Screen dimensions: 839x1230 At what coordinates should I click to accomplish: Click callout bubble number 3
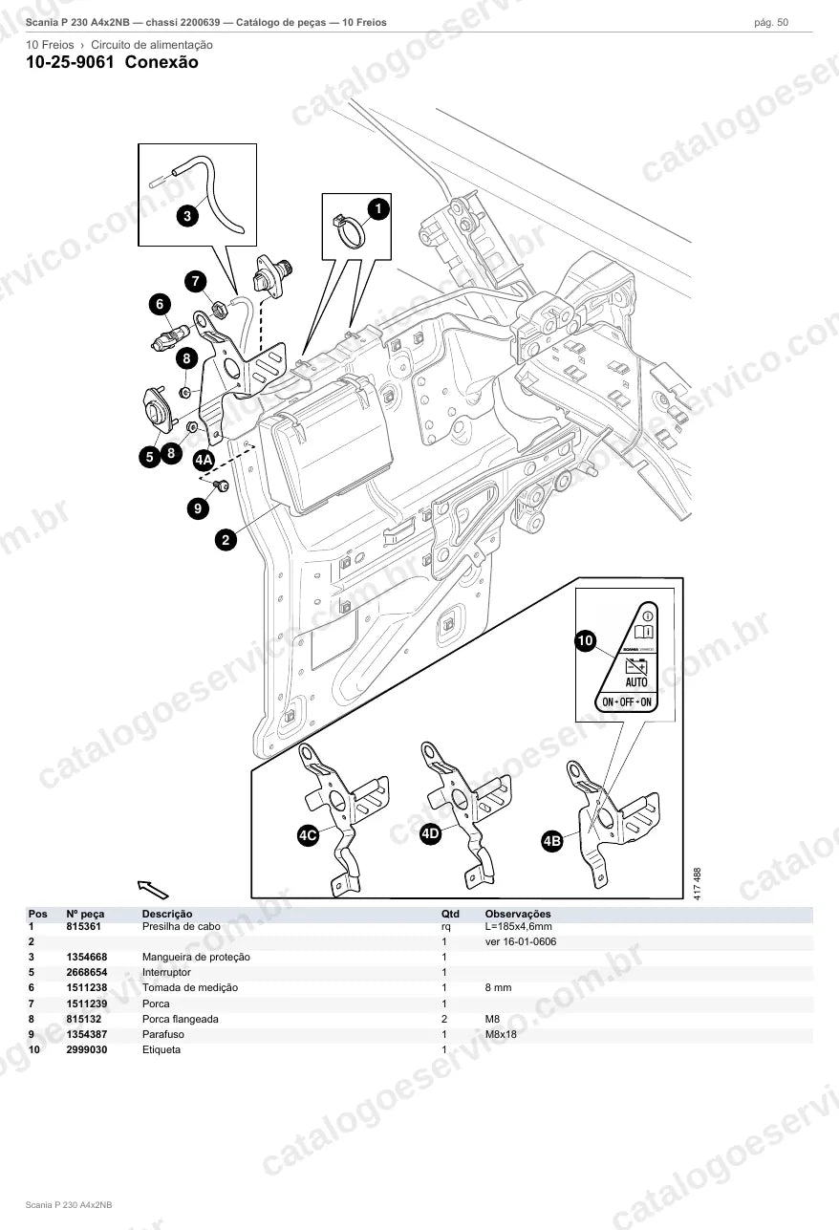point(187,215)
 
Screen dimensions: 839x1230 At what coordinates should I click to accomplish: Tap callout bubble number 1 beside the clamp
point(377,208)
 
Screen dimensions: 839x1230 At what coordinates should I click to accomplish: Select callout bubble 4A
point(204,460)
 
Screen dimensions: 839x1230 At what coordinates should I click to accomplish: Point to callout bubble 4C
point(308,835)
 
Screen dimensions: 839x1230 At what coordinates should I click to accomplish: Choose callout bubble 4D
point(430,833)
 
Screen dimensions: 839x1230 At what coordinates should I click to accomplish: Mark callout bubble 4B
point(552,841)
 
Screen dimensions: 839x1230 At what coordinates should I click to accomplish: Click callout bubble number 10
point(586,640)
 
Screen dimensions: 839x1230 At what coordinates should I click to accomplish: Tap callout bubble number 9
point(198,508)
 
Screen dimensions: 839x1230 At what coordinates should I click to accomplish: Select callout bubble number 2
point(226,540)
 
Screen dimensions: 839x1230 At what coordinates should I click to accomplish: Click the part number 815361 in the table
point(83,926)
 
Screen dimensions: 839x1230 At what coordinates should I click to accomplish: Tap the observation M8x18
point(501,1034)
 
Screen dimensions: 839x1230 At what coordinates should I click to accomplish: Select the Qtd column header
point(450,914)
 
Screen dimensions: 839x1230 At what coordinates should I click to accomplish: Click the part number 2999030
point(87,1049)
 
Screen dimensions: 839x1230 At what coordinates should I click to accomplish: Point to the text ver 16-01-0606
point(521,941)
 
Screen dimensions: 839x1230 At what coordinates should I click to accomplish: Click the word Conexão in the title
point(161,62)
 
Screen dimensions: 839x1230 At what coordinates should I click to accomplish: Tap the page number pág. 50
point(771,23)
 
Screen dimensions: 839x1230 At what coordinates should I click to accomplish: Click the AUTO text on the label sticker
point(636,682)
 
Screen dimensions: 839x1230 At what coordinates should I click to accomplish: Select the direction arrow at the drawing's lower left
point(153,890)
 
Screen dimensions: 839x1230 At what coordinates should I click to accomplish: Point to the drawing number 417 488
point(698,883)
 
